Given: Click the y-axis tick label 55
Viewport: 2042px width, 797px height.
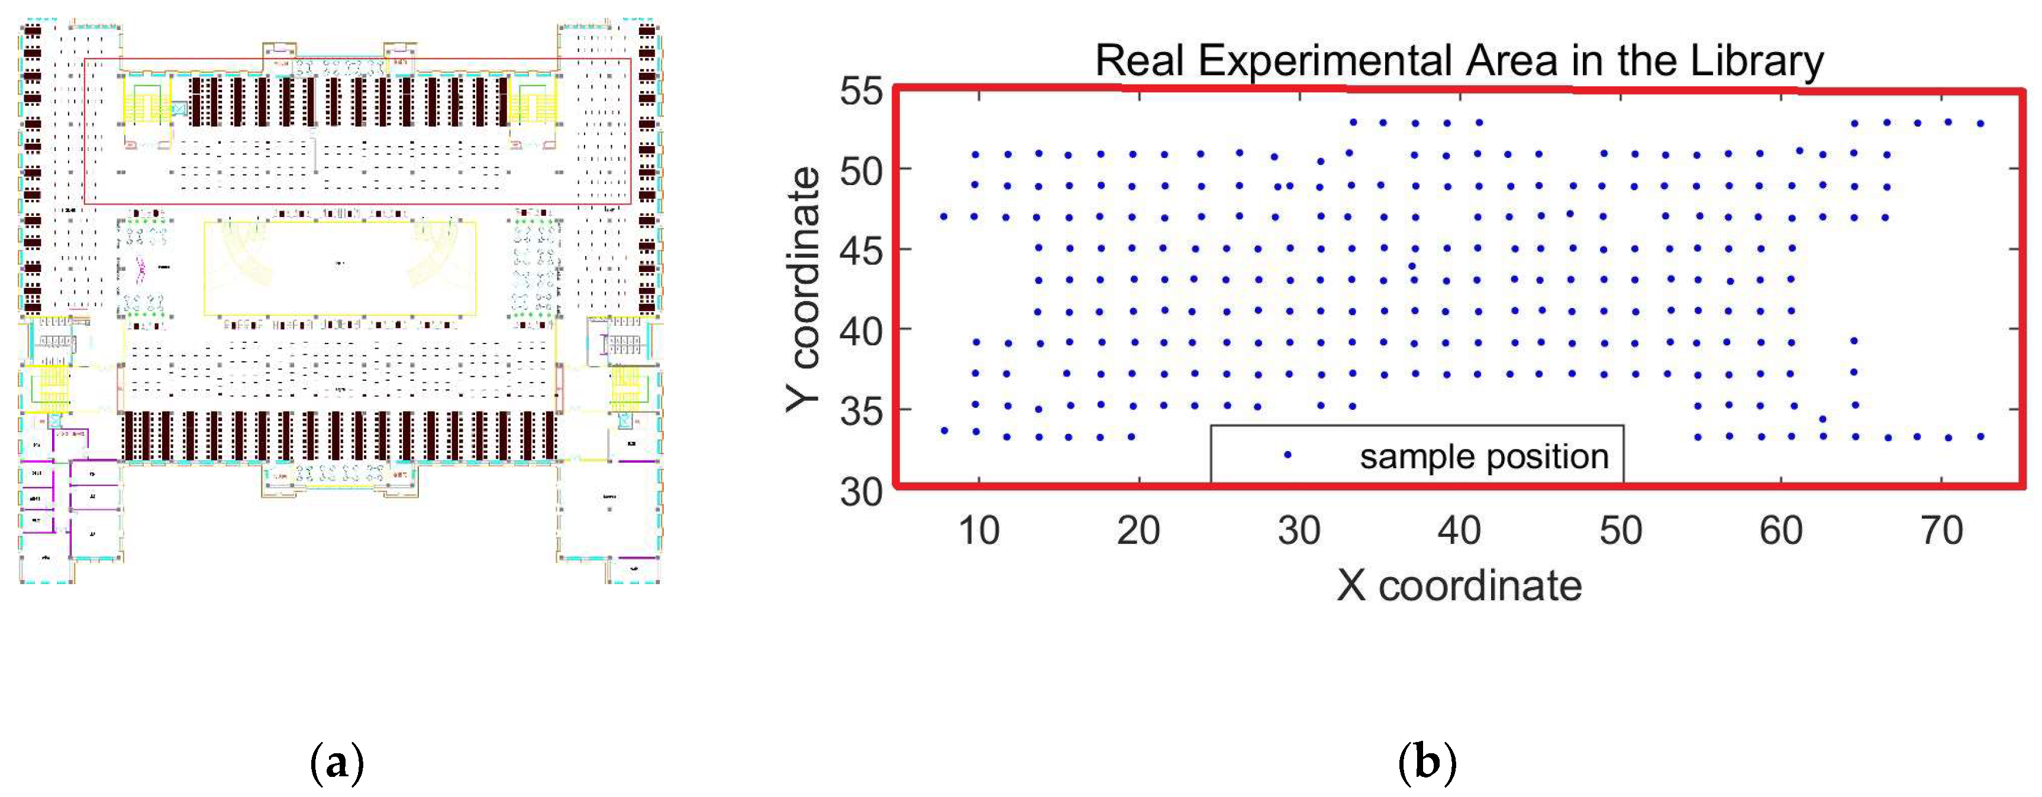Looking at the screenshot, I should [x=861, y=91].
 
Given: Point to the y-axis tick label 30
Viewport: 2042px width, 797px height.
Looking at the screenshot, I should [x=861, y=491].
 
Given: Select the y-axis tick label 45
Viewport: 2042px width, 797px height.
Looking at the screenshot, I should [x=861, y=252].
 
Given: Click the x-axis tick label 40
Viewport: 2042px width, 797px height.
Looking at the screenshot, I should [x=1459, y=531].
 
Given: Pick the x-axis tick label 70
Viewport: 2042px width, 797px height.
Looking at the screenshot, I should [x=1941, y=531].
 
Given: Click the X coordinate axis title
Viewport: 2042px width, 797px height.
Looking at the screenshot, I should [x=1459, y=587].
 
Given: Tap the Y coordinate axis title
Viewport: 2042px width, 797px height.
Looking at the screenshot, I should [x=804, y=290].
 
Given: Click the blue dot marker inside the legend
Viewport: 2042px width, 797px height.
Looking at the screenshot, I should [x=1288, y=455].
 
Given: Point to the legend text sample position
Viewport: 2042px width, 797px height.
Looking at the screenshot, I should [x=1484, y=456].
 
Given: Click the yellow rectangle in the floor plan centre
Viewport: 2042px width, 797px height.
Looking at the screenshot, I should [x=340, y=268].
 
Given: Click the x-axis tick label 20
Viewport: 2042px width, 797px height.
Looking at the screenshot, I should [x=1138, y=531].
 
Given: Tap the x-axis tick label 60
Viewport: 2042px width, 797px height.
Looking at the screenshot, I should [x=1780, y=531].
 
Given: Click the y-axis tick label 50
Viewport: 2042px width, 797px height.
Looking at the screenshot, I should [x=861, y=171].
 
